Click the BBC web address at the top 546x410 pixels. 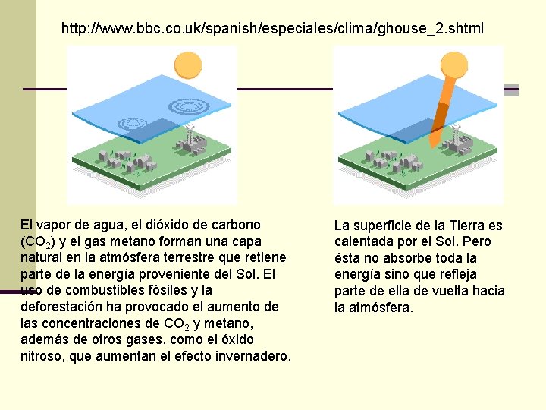tap(272, 29)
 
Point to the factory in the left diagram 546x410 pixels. tap(190, 141)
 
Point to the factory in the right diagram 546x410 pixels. tap(456, 141)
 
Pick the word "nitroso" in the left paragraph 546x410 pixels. tap(42, 356)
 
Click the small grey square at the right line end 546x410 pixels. tap(511, 90)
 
